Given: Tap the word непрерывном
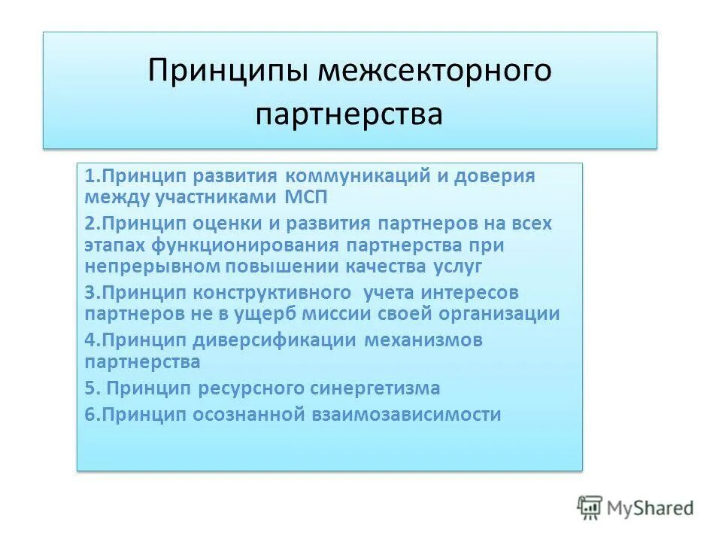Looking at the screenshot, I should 143,266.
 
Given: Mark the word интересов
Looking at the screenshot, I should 469,292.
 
